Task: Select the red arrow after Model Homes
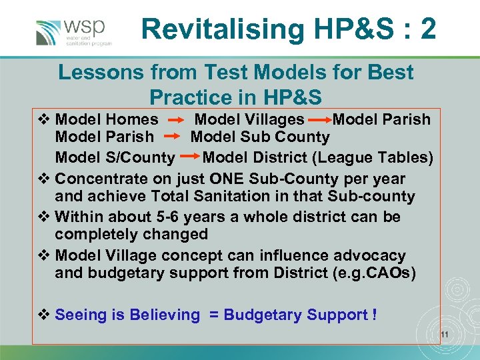(176, 121)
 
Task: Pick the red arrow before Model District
(189, 158)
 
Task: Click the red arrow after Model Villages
(319, 121)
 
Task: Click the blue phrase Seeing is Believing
(127, 315)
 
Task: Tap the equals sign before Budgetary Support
(214, 315)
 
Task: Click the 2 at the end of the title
(429, 29)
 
